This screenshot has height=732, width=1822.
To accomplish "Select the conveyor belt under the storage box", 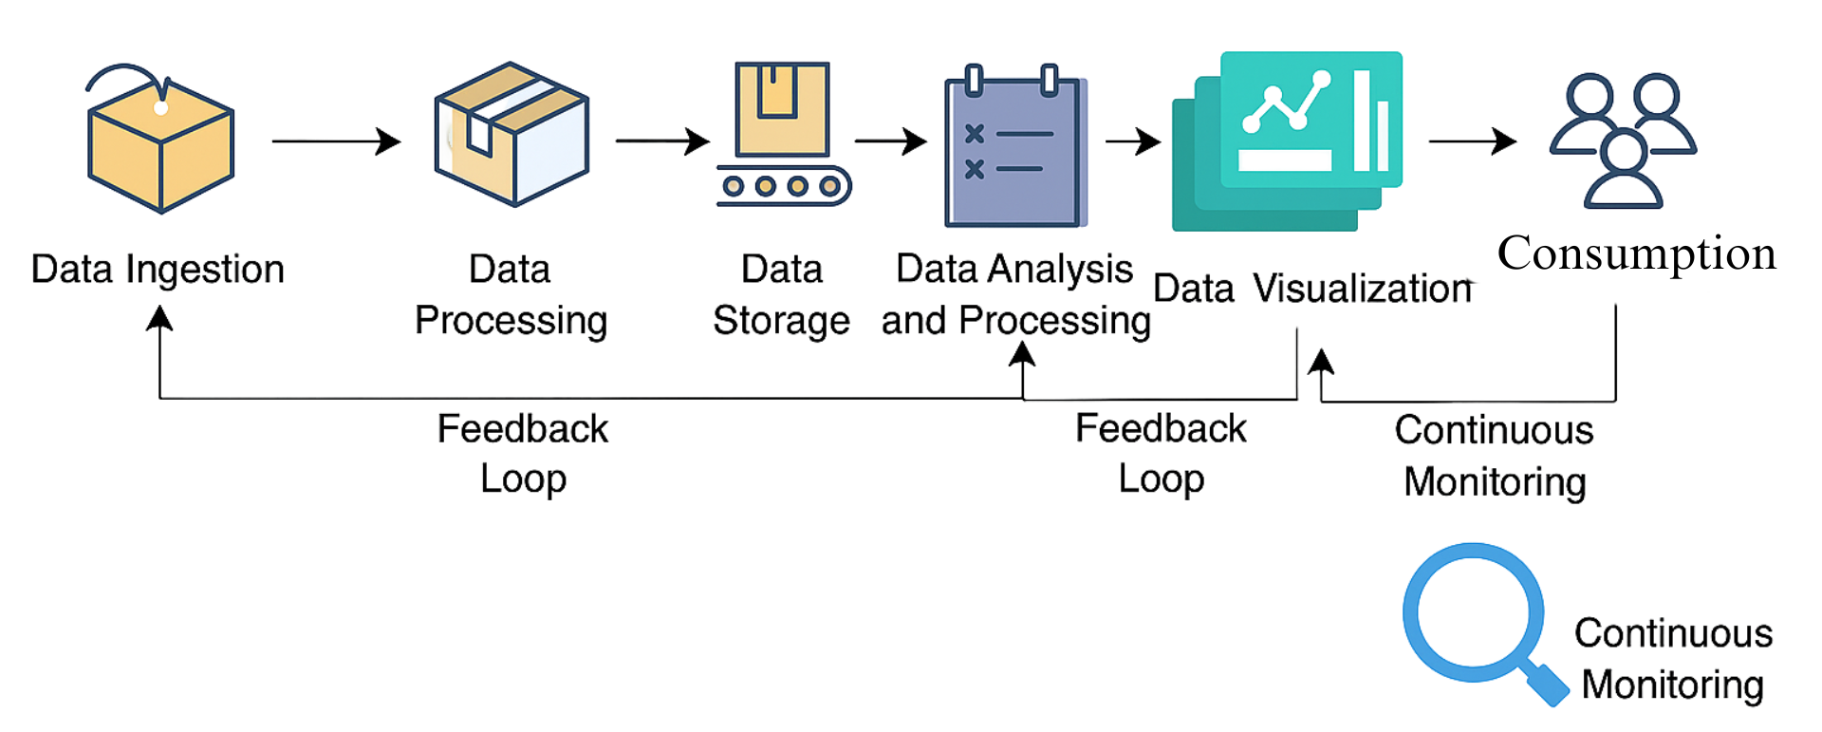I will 784,186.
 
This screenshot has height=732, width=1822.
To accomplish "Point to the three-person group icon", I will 1623,141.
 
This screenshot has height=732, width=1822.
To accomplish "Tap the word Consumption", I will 1636,253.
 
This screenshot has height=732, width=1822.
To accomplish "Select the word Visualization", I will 1363,289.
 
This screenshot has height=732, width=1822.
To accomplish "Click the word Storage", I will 781,321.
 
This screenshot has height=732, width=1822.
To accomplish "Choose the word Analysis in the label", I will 1061,270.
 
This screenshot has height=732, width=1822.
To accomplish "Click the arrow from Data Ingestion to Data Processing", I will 336,141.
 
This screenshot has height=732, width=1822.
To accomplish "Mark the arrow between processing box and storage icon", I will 662,141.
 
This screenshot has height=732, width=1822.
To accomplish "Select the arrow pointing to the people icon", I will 1473,141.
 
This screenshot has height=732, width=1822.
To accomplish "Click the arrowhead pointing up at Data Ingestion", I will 159,317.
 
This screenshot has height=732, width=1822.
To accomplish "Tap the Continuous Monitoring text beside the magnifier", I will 1673,659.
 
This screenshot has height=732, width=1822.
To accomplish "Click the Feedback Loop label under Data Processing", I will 523,454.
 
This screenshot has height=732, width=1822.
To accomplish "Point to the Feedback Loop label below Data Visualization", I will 1161,454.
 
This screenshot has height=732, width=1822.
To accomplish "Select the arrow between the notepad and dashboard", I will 1133,142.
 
